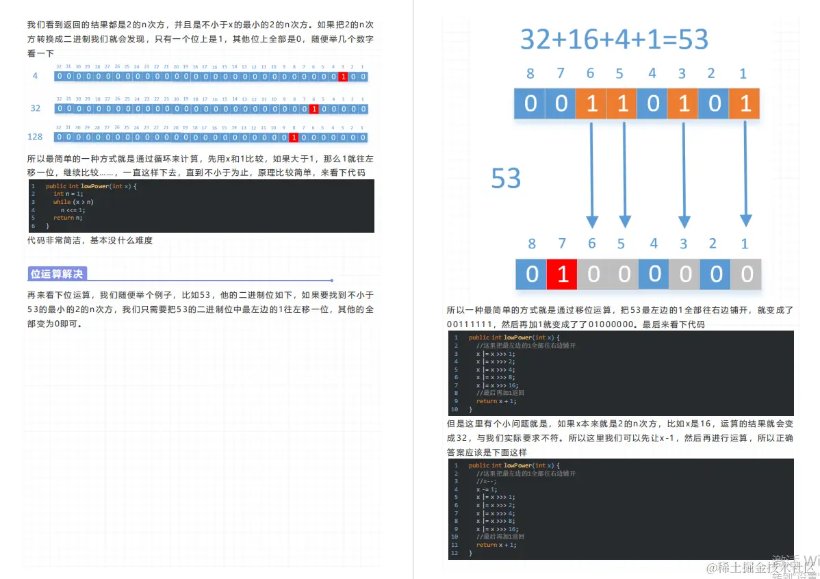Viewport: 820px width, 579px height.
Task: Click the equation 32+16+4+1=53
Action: point(614,40)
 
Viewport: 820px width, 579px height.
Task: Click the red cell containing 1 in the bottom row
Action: point(562,274)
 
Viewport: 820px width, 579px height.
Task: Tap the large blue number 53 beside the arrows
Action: point(506,179)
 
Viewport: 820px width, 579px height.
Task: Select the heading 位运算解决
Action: point(57,274)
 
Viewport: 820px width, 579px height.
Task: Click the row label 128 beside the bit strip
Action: point(35,137)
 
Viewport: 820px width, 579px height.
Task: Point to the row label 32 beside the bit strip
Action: point(36,108)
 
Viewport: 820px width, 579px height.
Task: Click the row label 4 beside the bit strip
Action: point(36,76)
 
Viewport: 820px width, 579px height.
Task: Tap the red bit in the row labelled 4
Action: point(343,77)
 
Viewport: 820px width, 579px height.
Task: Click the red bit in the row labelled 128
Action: point(294,138)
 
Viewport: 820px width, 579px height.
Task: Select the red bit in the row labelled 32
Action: point(313,109)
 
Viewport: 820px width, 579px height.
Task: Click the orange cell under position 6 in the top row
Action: point(591,104)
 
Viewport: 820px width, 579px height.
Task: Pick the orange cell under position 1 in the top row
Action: point(745,104)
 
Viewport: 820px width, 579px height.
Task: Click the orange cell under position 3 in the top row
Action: point(683,104)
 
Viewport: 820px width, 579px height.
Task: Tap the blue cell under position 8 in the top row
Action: point(530,104)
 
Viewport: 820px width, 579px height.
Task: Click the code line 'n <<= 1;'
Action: point(73,210)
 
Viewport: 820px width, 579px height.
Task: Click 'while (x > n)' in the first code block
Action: point(73,202)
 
